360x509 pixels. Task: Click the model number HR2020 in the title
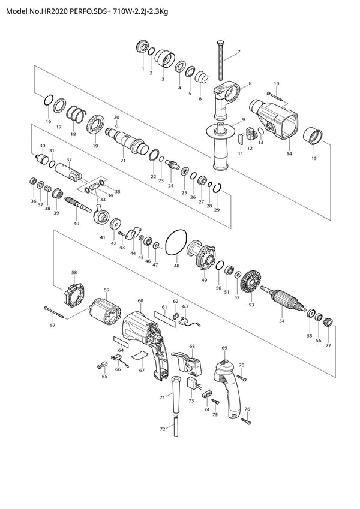click(54, 11)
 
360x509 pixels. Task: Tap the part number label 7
click(239, 52)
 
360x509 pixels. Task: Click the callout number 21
click(122, 160)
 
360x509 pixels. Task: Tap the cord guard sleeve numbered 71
click(176, 394)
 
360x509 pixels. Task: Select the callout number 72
click(163, 429)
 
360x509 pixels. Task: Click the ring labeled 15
click(313, 136)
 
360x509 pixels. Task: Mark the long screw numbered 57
click(53, 311)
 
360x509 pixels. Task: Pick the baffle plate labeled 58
click(74, 294)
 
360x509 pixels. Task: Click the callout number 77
click(328, 345)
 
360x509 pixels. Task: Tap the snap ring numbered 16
click(48, 100)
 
